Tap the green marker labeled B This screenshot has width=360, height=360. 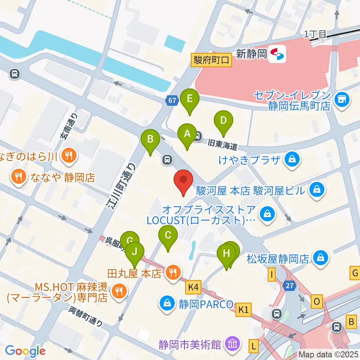pos(150,140)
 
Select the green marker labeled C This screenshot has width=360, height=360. pos(168,236)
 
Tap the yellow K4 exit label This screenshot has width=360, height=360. pos(193,288)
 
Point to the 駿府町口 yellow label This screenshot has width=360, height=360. pos(211,60)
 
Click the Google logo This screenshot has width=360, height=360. pos(25,351)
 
